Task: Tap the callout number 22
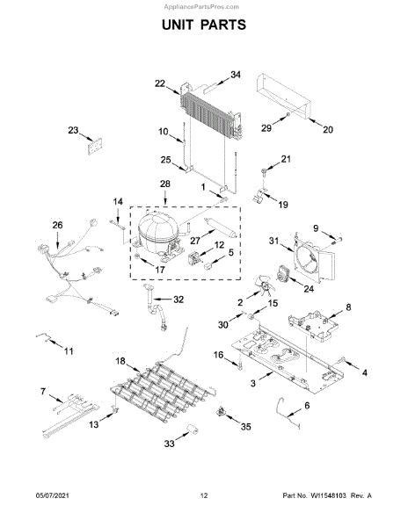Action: tap(160, 83)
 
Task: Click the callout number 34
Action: tap(236, 75)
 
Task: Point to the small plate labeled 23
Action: tap(95, 146)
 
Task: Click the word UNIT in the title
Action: tap(178, 25)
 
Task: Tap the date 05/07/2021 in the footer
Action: tap(52, 495)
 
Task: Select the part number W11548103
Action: tap(328, 495)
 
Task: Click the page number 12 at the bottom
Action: tap(204, 495)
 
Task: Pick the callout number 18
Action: tap(120, 361)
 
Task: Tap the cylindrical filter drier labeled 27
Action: tap(221, 227)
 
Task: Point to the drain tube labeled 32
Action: tap(155, 307)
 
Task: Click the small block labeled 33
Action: tap(193, 430)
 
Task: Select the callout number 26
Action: tap(57, 225)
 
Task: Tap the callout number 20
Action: tap(328, 129)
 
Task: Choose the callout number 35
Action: tap(246, 427)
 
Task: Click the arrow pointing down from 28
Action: tap(165, 198)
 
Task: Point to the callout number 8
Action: tap(348, 307)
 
